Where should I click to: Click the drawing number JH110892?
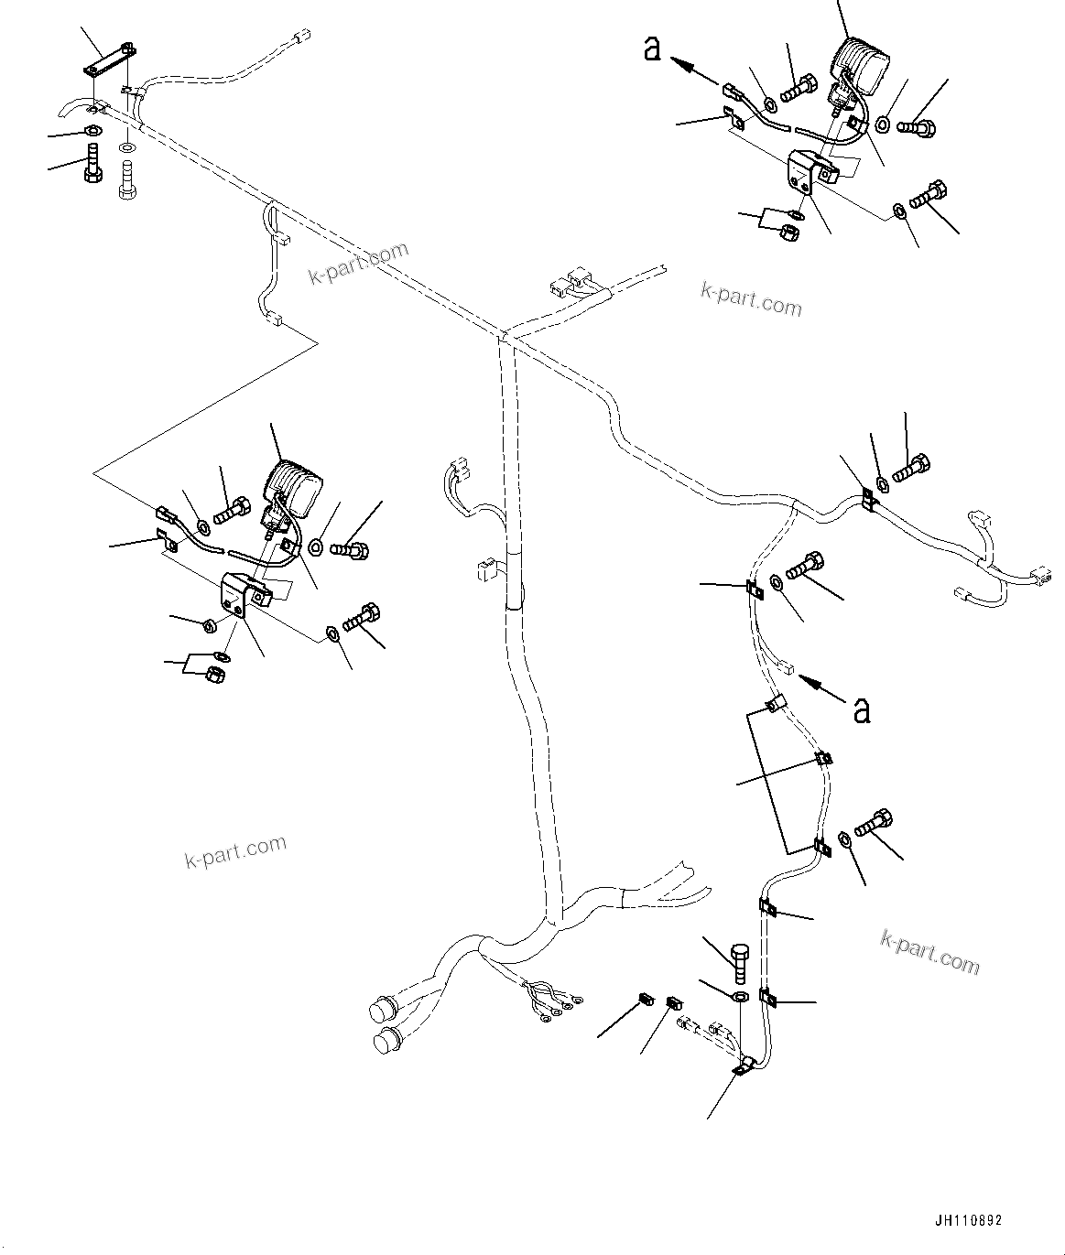(x=968, y=1220)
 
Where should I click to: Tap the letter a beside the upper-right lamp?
(x=652, y=49)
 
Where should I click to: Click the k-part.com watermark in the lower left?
(x=235, y=851)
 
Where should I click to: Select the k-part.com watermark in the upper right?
(x=751, y=298)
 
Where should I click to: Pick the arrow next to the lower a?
(x=821, y=688)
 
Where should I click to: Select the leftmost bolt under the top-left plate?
(x=92, y=163)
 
